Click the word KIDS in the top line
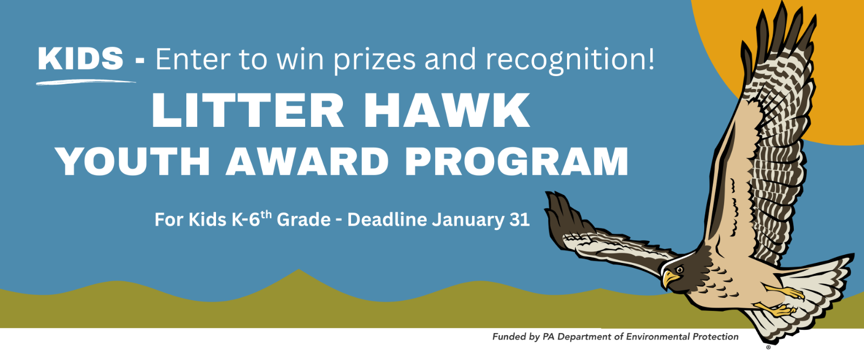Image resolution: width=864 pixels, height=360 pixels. pyautogui.click(x=80, y=59)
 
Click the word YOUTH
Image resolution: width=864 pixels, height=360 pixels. pyautogui.click(x=133, y=161)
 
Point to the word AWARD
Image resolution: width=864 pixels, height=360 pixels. pyautogui.click(x=307, y=161)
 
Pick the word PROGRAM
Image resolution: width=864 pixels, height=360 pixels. pyautogui.click(x=517, y=161)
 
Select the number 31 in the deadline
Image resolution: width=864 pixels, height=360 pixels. pyautogui.click(x=519, y=220)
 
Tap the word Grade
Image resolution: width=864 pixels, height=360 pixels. pyautogui.click(x=303, y=220)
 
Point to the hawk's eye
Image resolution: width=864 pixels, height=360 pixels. pyautogui.click(x=680, y=269)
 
